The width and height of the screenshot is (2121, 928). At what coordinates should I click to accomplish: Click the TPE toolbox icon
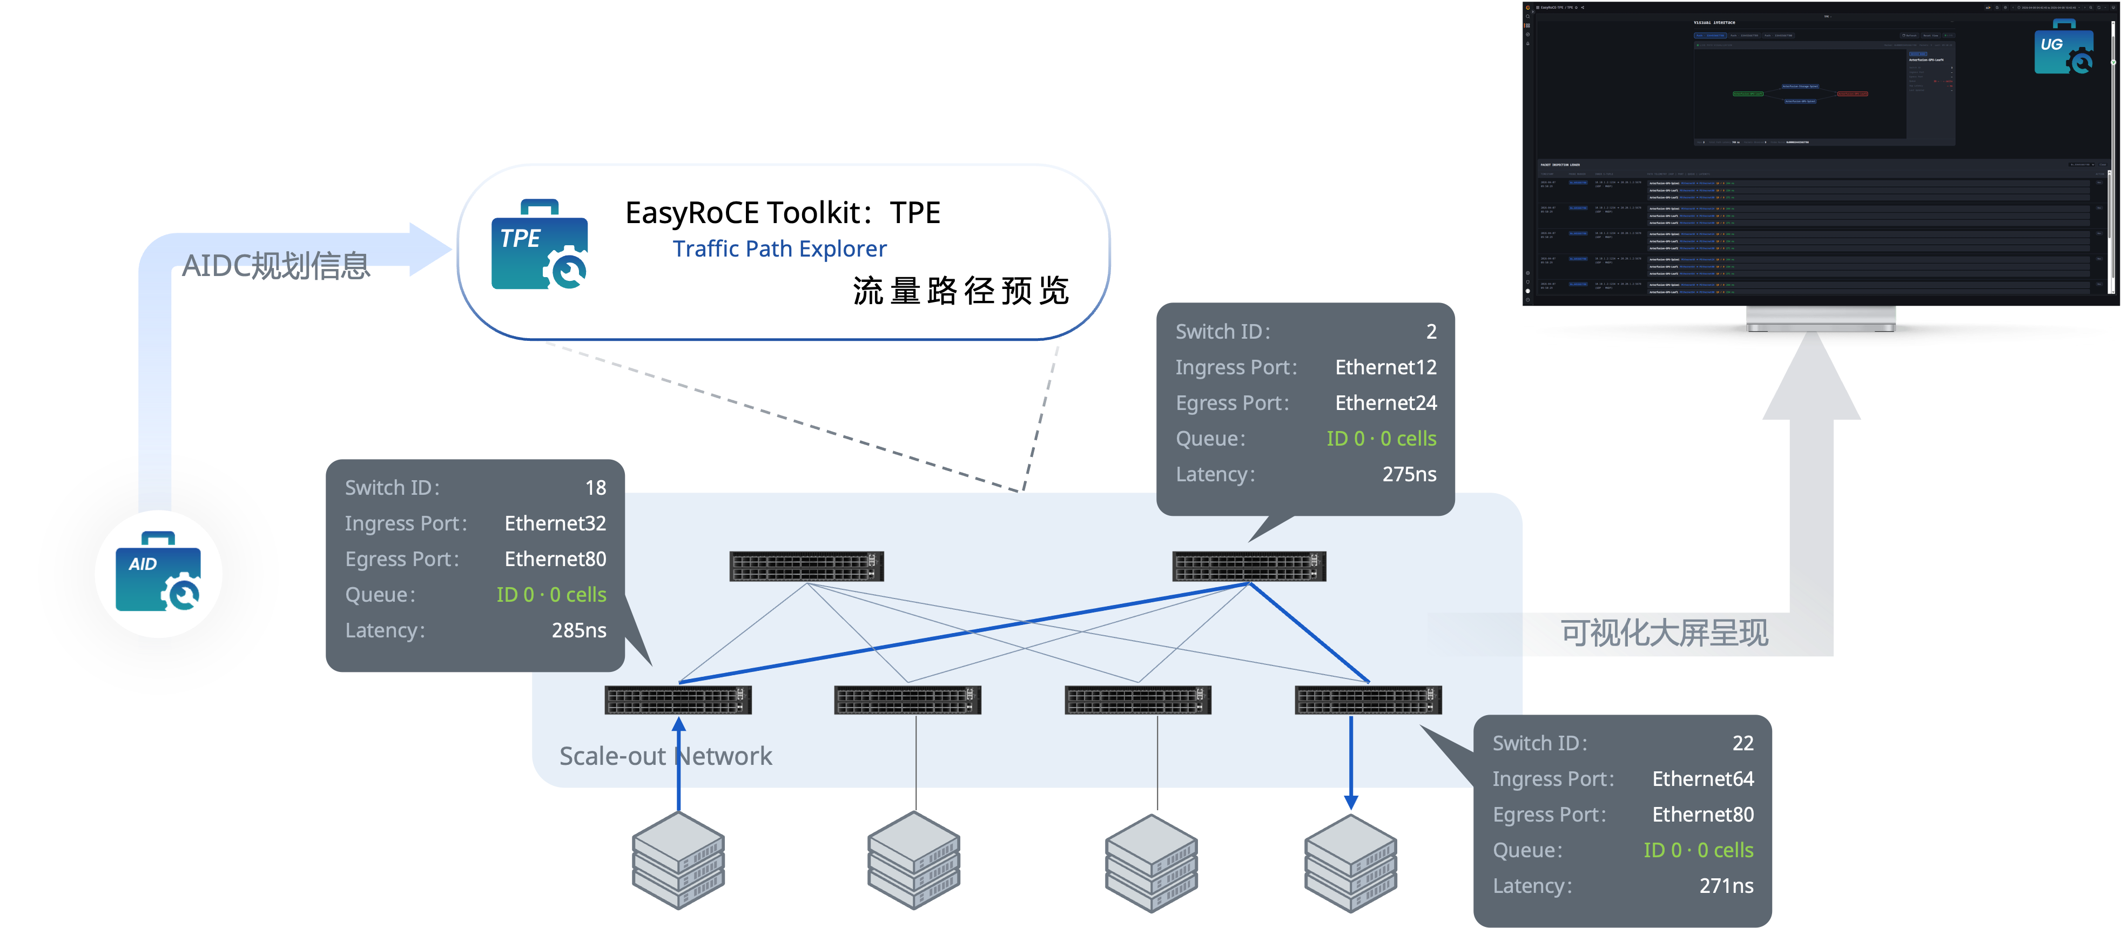pyautogui.click(x=540, y=245)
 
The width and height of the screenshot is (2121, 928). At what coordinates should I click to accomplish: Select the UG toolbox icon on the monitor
pyautogui.click(x=2063, y=49)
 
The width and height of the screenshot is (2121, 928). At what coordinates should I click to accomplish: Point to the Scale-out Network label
pyautogui.click(x=665, y=756)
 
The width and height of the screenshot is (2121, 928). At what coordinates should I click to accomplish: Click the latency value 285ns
pyautogui.click(x=579, y=630)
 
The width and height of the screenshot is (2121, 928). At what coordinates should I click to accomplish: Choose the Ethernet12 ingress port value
pyautogui.click(x=1386, y=367)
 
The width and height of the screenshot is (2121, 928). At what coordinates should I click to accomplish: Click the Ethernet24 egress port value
pyautogui.click(x=1386, y=402)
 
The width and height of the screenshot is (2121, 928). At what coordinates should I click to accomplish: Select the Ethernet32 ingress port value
pyautogui.click(x=555, y=524)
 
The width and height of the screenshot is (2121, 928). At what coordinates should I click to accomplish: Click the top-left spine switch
pyautogui.click(x=806, y=567)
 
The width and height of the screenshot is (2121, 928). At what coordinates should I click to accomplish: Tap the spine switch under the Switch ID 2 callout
pyautogui.click(x=1248, y=567)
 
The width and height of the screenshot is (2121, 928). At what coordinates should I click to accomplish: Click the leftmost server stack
pyautogui.click(x=678, y=860)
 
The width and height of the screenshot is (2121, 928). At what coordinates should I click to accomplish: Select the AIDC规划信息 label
pyautogui.click(x=276, y=265)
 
